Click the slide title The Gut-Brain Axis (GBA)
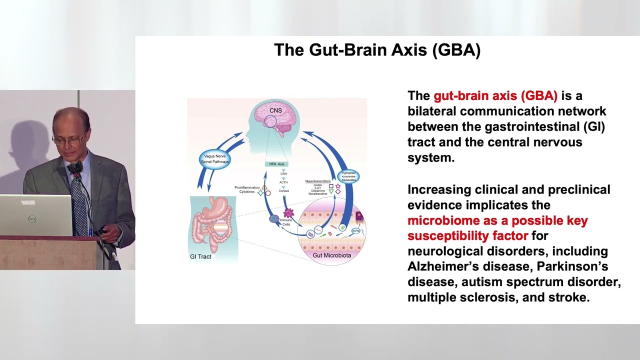[377, 50]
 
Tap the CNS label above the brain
[275, 110]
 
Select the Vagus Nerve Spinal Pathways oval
[215, 159]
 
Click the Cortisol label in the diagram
[283, 191]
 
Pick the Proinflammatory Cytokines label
[247, 189]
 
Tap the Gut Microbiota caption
[331, 255]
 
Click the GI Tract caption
[200, 256]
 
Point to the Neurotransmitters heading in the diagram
[317, 181]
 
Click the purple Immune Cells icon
[288, 213]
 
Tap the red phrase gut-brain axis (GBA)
[495, 96]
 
